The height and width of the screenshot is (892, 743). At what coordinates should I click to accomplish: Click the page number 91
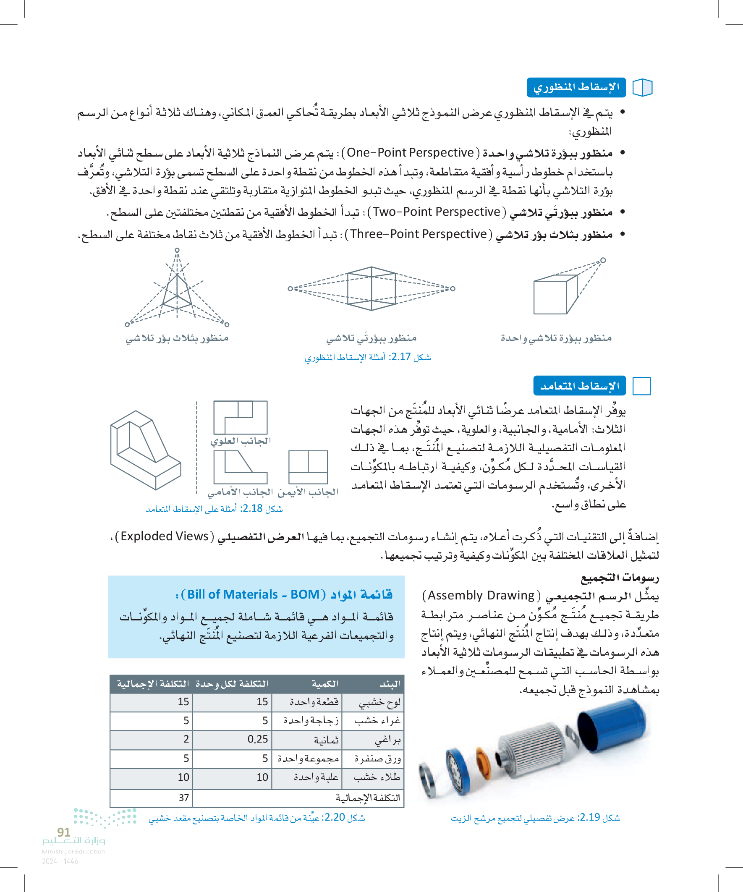pos(63,832)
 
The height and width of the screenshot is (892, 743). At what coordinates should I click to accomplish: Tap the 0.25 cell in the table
pos(257,740)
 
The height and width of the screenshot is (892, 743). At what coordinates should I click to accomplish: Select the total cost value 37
pos(183,798)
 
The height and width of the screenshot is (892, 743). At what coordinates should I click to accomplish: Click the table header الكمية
pos(325,684)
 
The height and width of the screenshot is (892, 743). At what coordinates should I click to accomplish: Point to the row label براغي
pos(387,740)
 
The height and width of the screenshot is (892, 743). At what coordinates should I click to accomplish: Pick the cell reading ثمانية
pos(326,740)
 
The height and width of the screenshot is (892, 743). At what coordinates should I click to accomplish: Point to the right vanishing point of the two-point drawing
pos(453,289)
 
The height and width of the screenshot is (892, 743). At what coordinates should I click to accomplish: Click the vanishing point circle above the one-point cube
pos(603,260)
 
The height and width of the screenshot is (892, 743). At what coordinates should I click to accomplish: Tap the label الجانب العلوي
pos(241,441)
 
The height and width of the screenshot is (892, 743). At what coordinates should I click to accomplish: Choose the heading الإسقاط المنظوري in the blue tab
pos(576,87)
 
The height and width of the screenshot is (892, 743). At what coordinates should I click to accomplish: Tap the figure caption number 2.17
pos(400,357)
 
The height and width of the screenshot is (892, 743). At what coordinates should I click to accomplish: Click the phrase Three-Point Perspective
pos(419,234)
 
